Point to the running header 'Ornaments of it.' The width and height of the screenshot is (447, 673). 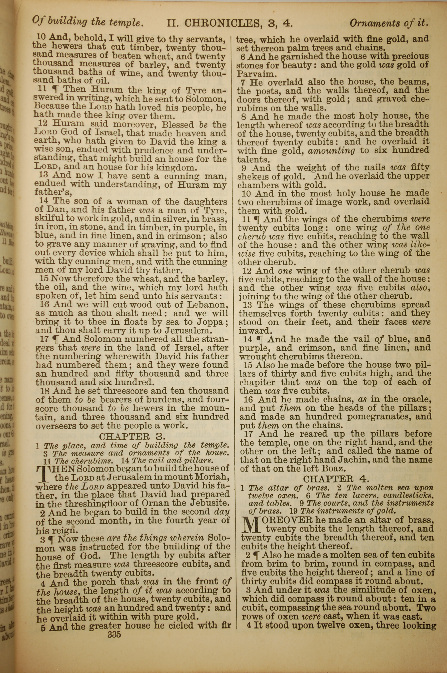pyautogui.click(x=389, y=23)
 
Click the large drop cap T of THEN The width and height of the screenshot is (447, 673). pyautogui.click(x=43, y=473)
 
